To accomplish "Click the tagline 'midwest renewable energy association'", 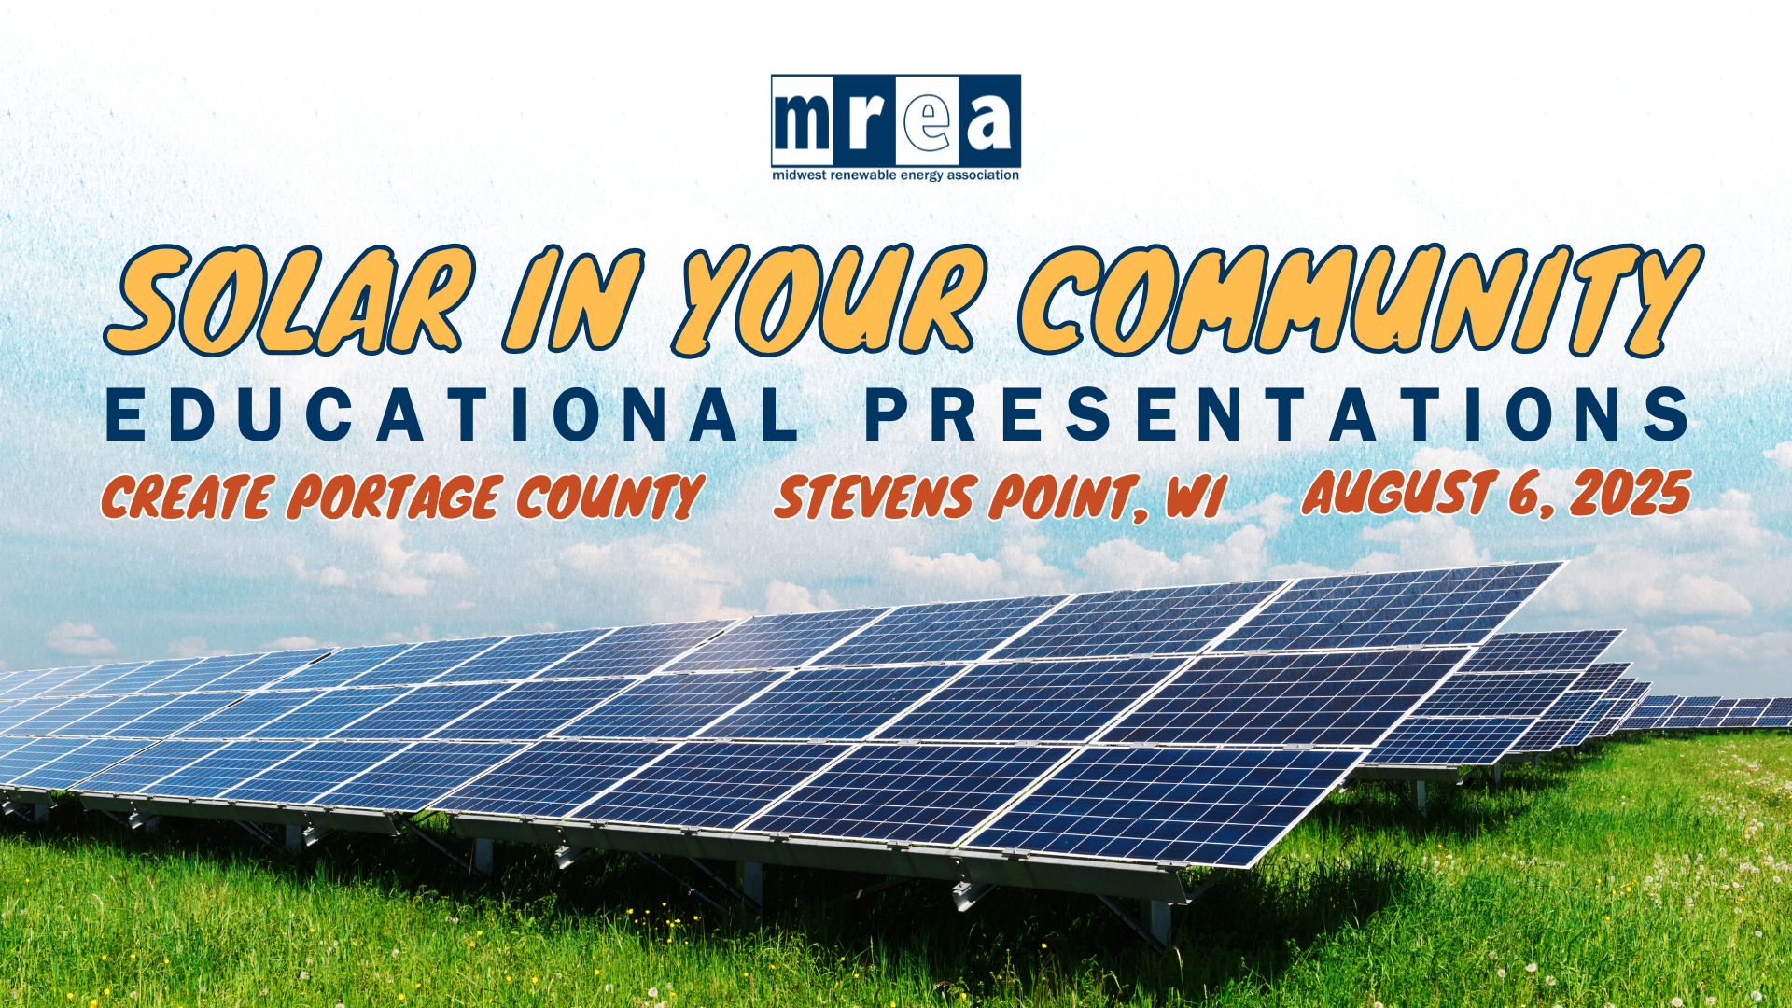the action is (896, 175).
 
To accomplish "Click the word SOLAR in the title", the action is (290, 301).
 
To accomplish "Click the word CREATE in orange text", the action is (188, 497).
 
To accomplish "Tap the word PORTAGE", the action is (394, 497).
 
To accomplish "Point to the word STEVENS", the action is (875, 497).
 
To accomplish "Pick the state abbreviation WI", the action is (1196, 497).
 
